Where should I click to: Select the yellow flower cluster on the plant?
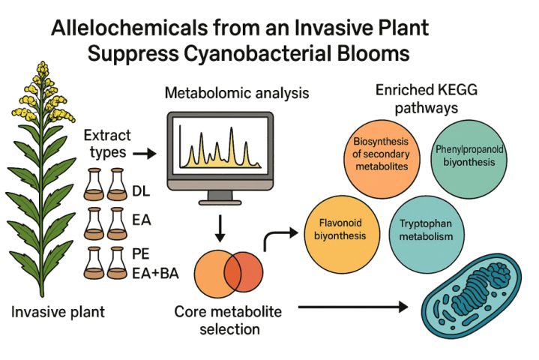[38, 86]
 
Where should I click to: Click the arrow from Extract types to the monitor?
[144, 154]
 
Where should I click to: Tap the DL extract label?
[141, 190]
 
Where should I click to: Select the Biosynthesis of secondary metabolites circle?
[379, 153]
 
